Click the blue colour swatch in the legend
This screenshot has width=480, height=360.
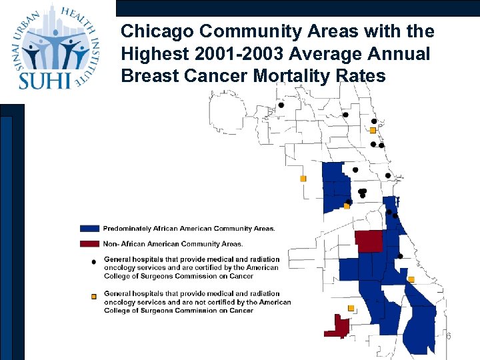click(x=89, y=229)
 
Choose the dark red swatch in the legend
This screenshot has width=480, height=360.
click(x=89, y=243)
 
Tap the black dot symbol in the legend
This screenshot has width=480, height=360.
click(x=93, y=262)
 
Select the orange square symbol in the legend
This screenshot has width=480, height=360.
click(x=93, y=295)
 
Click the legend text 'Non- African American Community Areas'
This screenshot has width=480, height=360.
click(x=173, y=243)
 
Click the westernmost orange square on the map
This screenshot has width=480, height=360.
click(x=303, y=179)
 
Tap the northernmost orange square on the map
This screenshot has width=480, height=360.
click(x=373, y=130)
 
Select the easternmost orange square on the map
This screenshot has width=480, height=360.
click(x=411, y=279)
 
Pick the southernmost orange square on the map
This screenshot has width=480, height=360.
click(x=351, y=308)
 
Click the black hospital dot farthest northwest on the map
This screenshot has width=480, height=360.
click(x=281, y=105)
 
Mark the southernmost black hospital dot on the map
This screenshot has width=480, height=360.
click(x=400, y=256)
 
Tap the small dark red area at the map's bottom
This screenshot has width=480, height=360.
click(x=338, y=327)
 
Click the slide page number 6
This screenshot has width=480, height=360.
click(x=449, y=337)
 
